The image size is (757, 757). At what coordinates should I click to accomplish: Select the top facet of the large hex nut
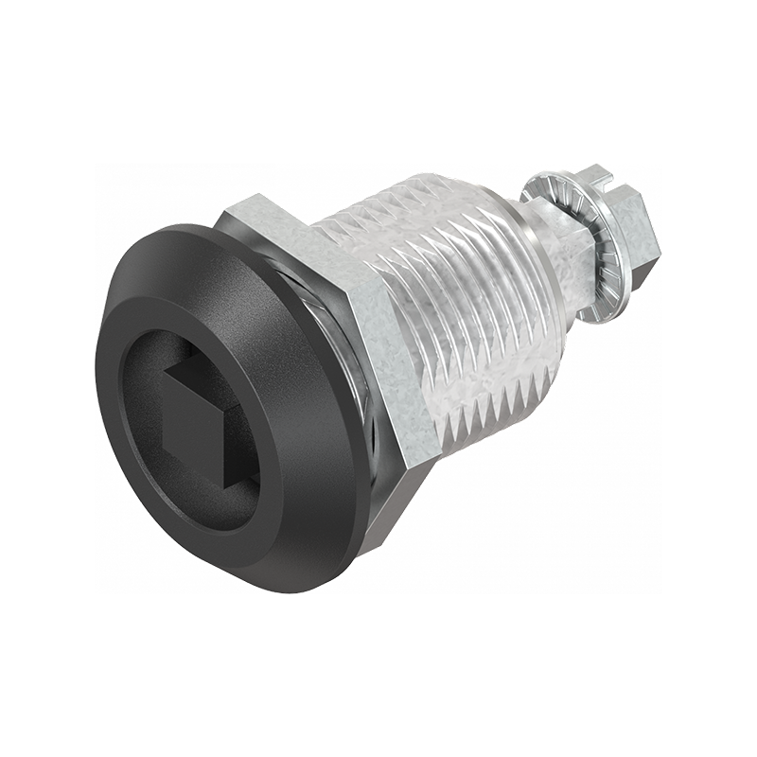[274, 216]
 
